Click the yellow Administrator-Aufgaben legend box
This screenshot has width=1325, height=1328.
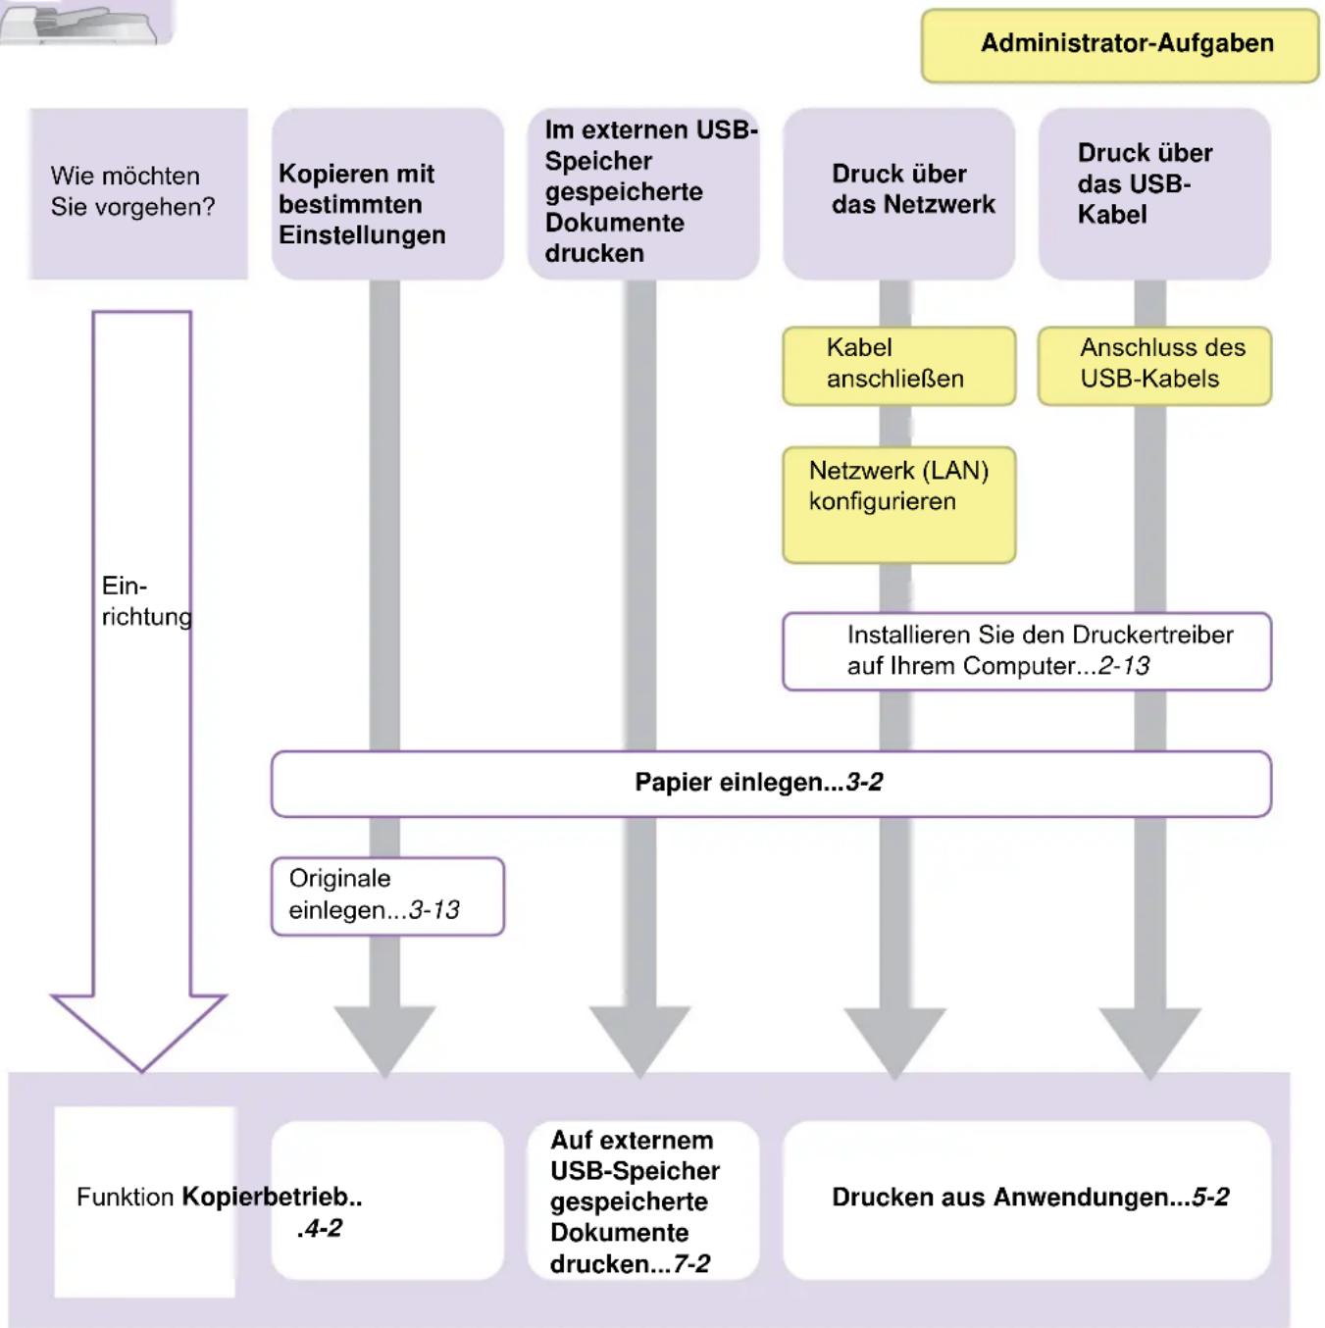pyautogui.click(x=1120, y=45)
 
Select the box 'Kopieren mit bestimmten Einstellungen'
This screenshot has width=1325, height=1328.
pyautogui.click(x=387, y=193)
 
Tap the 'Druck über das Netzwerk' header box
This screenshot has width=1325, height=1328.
pyautogui.click(x=899, y=193)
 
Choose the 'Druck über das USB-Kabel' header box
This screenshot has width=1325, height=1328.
pyautogui.click(x=1154, y=193)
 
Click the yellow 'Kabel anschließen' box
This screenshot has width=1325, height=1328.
pyautogui.click(x=899, y=366)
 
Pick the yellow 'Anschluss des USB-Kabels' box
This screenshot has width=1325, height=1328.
pyautogui.click(x=1154, y=366)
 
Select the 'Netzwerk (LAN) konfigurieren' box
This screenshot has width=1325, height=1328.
pyautogui.click(x=899, y=505)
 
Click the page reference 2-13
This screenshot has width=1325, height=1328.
pyautogui.click(x=1124, y=666)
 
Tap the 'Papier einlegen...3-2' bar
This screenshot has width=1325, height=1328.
pyautogui.click(x=772, y=784)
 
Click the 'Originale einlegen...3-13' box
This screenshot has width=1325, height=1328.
pyautogui.click(x=387, y=895)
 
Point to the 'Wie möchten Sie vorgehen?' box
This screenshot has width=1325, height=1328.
pyautogui.click(x=138, y=193)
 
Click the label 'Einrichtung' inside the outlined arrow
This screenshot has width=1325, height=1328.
pyautogui.click(x=146, y=601)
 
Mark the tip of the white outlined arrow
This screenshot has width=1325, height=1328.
pyautogui.click(x=142, y=1071)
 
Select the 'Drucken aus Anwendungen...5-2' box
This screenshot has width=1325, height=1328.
pyautogui.click(x=1027, y=1200)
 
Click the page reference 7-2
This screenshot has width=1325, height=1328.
pyautogui.click(x=691, y=1263)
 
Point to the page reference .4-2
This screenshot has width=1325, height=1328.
pyautogui.click(x=319, y=1228)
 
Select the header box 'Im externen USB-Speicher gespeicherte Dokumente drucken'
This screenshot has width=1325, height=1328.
pyautogui.click(x=643, y=193)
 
